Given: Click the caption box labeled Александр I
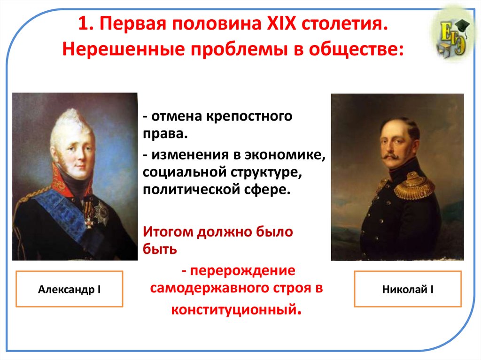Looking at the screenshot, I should click(x=70, y=289).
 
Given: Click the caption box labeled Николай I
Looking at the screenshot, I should click(x=408, y=289).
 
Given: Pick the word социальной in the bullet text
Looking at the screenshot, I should click(x=180, y=173).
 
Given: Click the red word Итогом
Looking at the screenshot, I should click(x=168, y=232).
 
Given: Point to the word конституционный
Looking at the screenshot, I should click(x=234, y=309).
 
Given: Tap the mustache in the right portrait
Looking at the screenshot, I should click(x=391, y=155).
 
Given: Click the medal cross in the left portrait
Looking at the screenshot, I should click(x=88, y=219).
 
